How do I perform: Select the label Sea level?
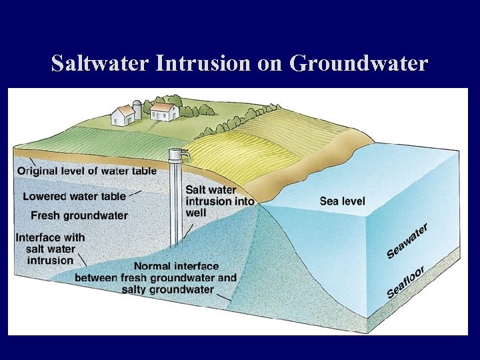pos(342,201)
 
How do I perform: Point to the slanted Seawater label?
pos(407,241)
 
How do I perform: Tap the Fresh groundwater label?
pos(79,215)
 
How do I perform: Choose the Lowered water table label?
pos(74,196)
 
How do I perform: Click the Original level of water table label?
pos(87,171)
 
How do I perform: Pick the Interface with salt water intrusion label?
pos(50,248)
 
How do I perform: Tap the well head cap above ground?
pos(175,155)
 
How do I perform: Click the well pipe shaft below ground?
pos(175,207)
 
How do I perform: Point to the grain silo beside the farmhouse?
pos(137,109)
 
